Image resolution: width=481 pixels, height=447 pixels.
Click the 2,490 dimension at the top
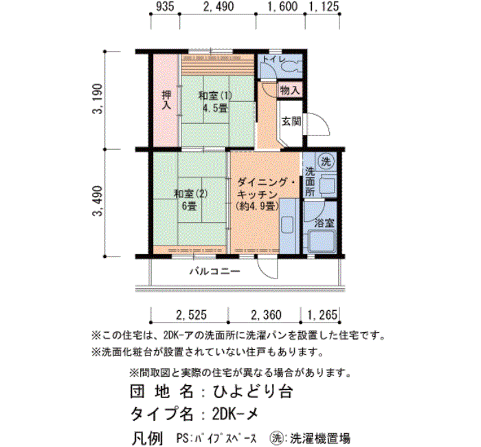(x=219, y=7)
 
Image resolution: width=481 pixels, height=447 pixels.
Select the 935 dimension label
(x=165, y=7)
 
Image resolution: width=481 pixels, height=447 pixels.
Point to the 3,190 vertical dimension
(x=98, y=99)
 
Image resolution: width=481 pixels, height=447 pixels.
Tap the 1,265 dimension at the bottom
(x=322, y=315)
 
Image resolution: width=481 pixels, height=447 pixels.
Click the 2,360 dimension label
(x=266, y=315)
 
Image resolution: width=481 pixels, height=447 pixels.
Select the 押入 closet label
(x=166, y=100)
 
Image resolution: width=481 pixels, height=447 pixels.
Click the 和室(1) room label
(x=215, y=96)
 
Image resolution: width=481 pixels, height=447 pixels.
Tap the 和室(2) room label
(x=191, y=194)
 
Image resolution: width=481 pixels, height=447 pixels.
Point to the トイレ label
(x=274, y=59)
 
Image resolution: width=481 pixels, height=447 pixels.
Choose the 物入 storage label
(x=289, y=91)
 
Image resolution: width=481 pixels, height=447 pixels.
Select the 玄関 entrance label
(x=291, y=122)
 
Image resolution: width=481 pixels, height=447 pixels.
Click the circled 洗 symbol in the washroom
(x=326, y=162)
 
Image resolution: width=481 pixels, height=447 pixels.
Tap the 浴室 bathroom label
(x=324, y=223)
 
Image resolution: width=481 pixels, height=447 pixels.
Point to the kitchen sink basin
(x=287, y=226)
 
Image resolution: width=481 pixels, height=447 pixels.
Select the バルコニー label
(x=214, y=272)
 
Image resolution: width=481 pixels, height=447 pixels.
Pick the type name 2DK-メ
(x=235, y=415)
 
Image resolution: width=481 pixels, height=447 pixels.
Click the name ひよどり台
(x=252, y=392)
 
